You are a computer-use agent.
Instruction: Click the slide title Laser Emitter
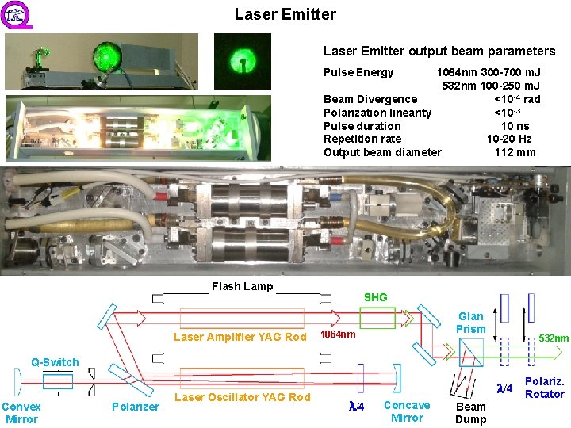[x=285, y=14]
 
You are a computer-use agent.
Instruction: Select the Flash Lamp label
[x=242, y=287]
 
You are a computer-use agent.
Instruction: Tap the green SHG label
[x=375, y=298]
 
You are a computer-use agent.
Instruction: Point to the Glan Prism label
[x=470, y=323]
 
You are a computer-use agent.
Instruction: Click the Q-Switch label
[x=55, y=362]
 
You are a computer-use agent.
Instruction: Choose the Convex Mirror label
[x=21, y=413]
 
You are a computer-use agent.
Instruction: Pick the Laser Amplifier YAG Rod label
[x=240, y=337]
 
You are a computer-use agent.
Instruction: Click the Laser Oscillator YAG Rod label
[x=242, y=397]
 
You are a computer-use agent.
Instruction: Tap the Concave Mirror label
[x=407, y=411]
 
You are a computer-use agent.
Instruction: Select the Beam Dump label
[x=470, y=413]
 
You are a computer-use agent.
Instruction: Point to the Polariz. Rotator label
[x=545, y=388]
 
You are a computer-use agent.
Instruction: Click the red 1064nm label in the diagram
[x=337, y=334]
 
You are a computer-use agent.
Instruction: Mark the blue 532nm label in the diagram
[x=554, y=338]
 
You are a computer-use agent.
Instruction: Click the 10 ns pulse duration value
[x=515, y=126]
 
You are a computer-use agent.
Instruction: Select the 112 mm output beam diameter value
[x=515, y=152]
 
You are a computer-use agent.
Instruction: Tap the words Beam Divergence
[x=370, y=99]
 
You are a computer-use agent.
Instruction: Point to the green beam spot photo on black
[x=243, y=61]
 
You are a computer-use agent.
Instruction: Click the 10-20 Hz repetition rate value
[x=509, y=139]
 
